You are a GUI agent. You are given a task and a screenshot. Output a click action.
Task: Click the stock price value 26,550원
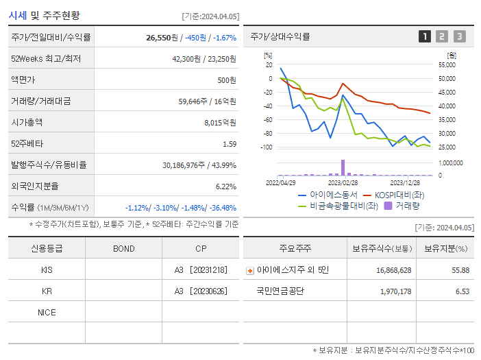coord(162,37)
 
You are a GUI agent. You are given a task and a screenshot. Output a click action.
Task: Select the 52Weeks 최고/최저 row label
coord(46,59)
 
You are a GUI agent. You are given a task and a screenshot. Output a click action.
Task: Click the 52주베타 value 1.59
coord(230,144)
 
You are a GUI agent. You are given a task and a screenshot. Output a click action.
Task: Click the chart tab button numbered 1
coord(425,36)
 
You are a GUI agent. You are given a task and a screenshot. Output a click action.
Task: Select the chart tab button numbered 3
coord(459,36)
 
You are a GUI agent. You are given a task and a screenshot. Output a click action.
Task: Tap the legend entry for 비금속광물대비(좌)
coord(338,205)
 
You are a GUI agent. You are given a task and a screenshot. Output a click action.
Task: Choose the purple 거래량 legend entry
coord(402,205)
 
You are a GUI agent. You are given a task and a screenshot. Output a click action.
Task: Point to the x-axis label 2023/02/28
coord(343,183)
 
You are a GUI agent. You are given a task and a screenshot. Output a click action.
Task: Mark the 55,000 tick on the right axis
coord(445,64)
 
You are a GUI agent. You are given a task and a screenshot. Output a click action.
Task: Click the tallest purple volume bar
coord(343,167)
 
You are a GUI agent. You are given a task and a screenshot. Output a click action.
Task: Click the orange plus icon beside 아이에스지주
coord(250,270)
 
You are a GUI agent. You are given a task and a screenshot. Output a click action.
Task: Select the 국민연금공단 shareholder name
coord(280,291)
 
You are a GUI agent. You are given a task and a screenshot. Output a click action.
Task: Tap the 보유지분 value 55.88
coord(460,270)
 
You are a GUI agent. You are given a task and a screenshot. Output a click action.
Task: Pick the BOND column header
coord(124,248)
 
